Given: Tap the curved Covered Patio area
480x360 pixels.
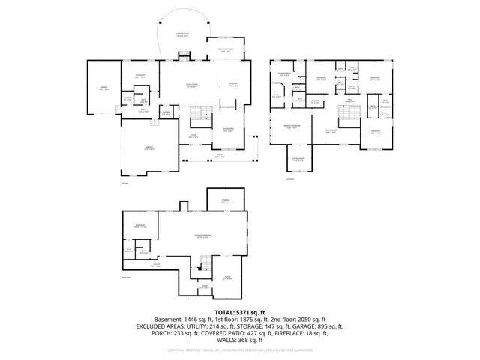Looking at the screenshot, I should [181, 34].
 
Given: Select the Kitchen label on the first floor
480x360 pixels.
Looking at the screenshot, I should [233, 84].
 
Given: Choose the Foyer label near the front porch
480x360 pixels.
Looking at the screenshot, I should [193, 137].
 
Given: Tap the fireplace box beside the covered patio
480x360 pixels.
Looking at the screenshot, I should [182, 54].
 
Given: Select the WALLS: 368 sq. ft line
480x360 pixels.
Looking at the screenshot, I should [240, 342].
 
